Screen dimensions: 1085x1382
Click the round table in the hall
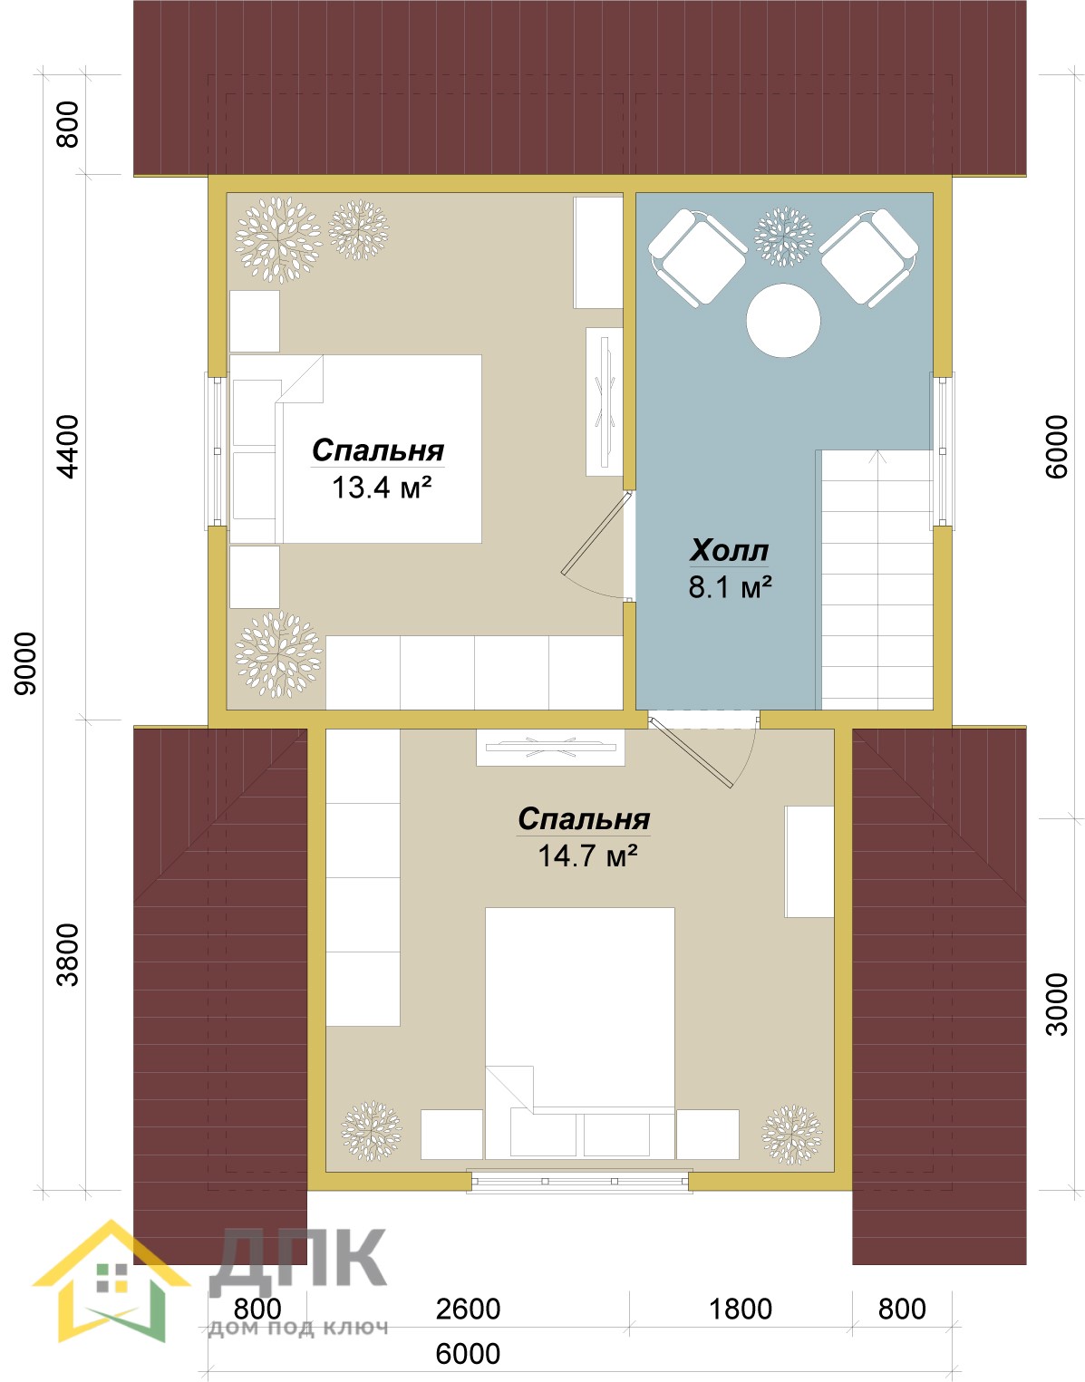coord(783,321)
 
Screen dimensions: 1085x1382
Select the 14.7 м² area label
coord(587,855)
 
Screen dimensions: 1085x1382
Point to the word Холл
coord(730,550)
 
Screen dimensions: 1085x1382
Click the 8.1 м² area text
coord(730,586)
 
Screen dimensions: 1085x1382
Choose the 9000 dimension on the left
coord(26,663)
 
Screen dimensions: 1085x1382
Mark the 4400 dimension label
coord(67,447)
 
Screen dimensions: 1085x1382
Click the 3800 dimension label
coord(67,954)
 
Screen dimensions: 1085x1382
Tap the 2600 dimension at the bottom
coord(468,1309)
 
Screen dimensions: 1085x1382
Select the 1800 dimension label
coord(741,1309)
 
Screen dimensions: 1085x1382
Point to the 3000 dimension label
coord(1057,1003)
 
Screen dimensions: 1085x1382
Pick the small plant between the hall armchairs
coord(783,237)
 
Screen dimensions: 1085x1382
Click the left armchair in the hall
coord(697,258)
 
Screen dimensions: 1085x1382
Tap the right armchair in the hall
coord(868,258)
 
